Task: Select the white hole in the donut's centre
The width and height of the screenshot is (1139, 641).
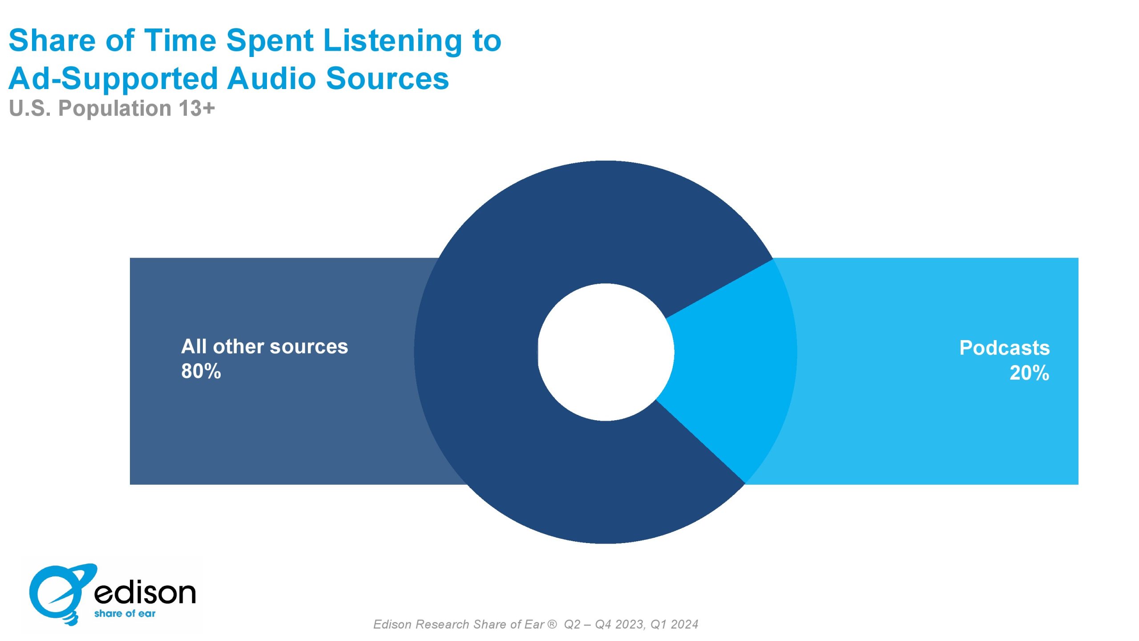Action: coord(606,352)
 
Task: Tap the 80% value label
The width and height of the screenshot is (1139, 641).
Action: coord(201,371)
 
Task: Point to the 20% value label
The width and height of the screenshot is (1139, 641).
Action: coord(1029,373)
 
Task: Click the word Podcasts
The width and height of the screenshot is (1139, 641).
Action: coord(1004,348)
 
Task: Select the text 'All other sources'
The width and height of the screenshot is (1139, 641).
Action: coord(264,346)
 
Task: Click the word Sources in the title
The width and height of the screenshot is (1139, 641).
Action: coord(387,78)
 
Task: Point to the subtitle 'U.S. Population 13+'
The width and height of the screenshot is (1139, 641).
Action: coord(112,108)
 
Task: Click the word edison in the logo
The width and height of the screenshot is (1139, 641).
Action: coord(145,592)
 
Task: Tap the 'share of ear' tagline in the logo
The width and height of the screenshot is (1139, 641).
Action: coord(125,613)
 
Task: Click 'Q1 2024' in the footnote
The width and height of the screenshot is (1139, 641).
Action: coord(674,625)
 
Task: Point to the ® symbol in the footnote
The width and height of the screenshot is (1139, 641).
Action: coord(552,624)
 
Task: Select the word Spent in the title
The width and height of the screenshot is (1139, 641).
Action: coord(270,41)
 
